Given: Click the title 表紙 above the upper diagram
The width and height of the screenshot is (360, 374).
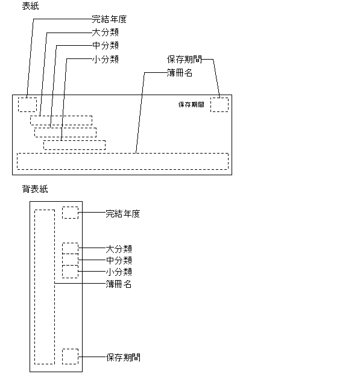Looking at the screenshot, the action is [30, 6].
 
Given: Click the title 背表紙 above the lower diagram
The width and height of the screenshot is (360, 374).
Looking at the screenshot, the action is [35, 189].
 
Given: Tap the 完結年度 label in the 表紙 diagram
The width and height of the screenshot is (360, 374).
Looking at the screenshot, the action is [109, 19].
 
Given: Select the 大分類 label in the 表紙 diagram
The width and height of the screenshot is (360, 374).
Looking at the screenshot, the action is [106, 33].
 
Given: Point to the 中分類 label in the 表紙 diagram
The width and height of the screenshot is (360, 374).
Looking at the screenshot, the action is [106, 45].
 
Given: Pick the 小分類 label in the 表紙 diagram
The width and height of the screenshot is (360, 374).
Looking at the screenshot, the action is [106, 59].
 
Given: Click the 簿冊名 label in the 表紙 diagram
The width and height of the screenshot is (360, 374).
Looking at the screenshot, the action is [180, 73].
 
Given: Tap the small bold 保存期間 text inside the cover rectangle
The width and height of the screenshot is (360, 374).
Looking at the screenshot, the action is [191, 104].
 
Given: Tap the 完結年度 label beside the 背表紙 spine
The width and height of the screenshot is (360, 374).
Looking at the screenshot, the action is [123, 214].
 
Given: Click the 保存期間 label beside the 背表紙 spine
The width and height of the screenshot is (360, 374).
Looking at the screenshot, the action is [123, 357].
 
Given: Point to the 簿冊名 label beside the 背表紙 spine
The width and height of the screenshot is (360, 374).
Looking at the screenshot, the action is [118, 284].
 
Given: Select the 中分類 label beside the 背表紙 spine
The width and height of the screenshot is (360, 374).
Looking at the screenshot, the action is [119, 260].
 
